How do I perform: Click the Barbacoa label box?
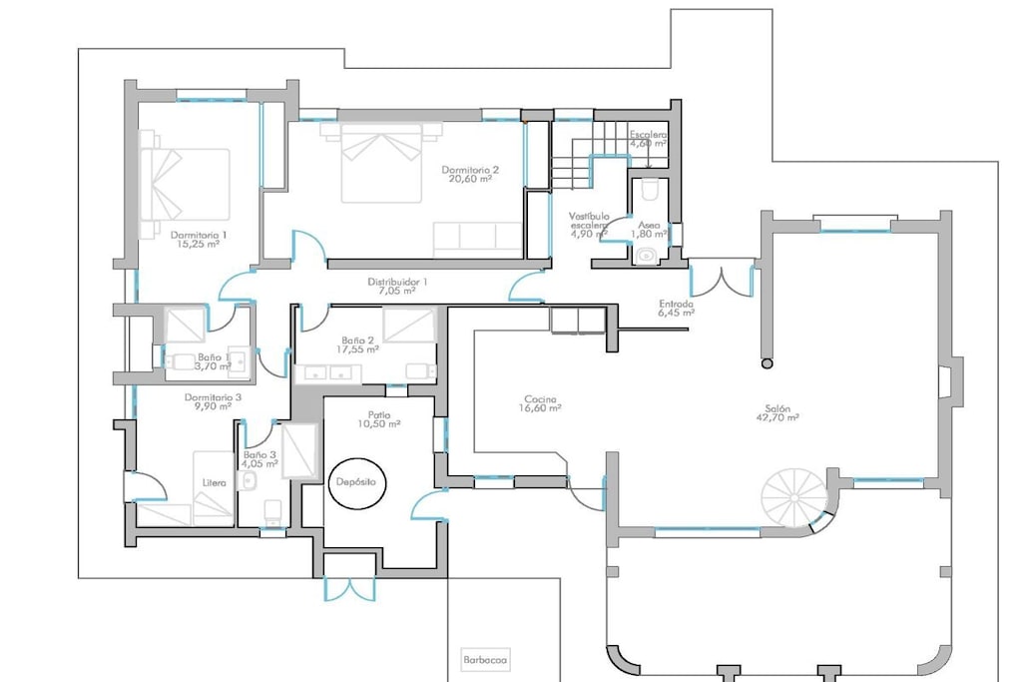tap(485, 660)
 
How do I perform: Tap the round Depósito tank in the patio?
tap(356, 482)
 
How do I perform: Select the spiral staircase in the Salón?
tap(795, 497)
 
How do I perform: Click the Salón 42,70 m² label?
tap(777, 413)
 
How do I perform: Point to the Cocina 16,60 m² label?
tap(540, 404)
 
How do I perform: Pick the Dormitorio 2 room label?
tap(470, 174)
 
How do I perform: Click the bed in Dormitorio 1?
tap(185, 185)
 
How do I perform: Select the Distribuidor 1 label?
tap(397, 287)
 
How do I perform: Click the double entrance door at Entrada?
tap(722, 278)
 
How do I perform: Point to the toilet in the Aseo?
tap(650, 190)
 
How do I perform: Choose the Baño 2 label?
tap(358, 344)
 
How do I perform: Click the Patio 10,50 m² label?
tap(378, 419)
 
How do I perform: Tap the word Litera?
tap(215, 483)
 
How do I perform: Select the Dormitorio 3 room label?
tap(213, 401)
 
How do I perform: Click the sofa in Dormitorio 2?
tap(478, 240)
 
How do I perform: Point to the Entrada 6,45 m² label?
tap(677, 309)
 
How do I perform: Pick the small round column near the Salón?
tap(767, 363)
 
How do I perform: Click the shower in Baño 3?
tap(299, 452)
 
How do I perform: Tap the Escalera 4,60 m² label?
tap(648, 139)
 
